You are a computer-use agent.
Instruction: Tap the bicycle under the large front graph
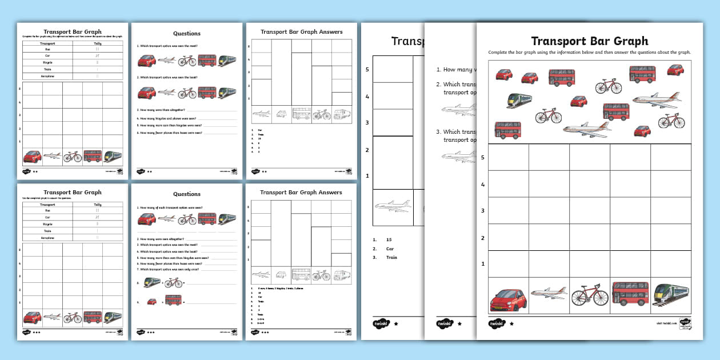pos(590,297)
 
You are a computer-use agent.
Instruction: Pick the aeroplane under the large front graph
pos(548,294)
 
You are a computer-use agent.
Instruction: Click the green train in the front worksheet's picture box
pos(519,100)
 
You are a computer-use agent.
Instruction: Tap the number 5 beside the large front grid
pos(483,158)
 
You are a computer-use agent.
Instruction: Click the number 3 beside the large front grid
pos(483,211)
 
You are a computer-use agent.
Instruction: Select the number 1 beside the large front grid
pos(483,264)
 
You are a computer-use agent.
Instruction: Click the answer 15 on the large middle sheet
pos(389,240)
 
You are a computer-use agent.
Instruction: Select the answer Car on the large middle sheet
pos(389,249)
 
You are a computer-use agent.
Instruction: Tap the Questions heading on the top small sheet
pos(187,34)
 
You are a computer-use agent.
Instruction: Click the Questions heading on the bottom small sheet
pos(187,194)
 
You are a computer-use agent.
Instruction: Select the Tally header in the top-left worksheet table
pos(98,43)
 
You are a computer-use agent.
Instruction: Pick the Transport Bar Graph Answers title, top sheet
pos(301,32)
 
